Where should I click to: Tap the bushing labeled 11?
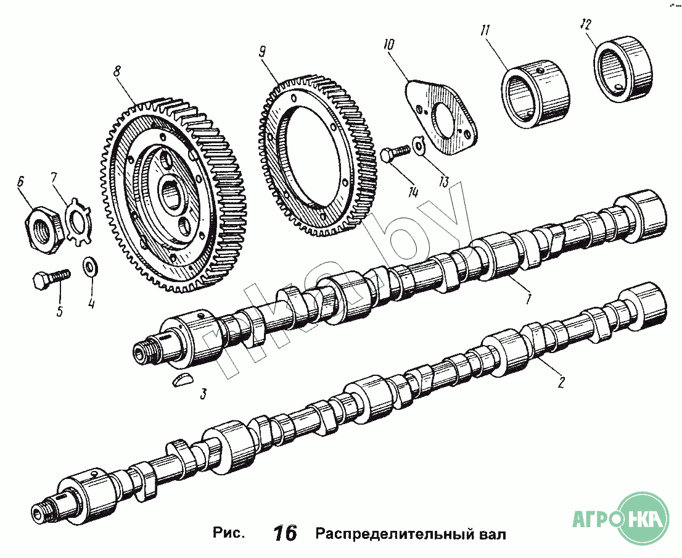(535, 94)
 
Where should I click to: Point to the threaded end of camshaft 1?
(146, 350)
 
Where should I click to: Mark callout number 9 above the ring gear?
(262, 52)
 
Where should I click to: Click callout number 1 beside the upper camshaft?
(528, 298)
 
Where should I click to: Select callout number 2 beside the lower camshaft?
(561, 382)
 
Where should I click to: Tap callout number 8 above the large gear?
(117, 71)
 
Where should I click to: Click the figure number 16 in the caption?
(286, 533)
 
